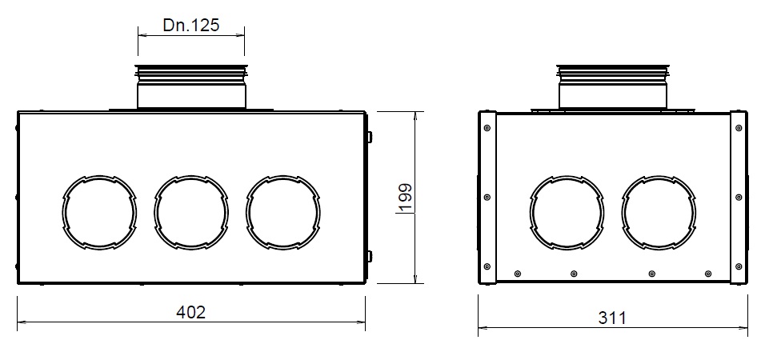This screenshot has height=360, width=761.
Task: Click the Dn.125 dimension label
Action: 191,25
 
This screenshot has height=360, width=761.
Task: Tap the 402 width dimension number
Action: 190,312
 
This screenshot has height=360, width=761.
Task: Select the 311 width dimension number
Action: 612,318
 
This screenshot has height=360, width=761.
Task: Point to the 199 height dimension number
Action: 405,198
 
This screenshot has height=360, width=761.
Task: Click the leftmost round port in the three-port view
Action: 99,211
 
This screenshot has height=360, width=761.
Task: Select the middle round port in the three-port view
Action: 191,211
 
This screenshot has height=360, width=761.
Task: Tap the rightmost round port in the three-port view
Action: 283,211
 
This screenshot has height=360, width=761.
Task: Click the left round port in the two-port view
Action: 567,211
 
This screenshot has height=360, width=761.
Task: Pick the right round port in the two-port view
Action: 659,211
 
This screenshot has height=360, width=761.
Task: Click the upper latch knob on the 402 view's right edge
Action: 369,138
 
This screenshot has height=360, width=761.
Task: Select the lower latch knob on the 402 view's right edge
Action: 369,257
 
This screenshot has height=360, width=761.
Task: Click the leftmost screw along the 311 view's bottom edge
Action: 518,274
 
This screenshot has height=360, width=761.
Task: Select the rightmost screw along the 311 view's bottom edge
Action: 707,274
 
